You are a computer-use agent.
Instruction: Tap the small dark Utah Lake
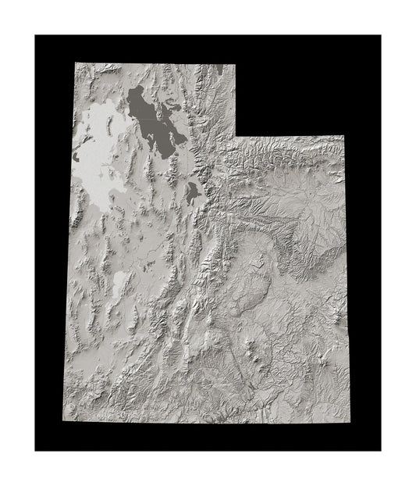pyautogui.click(x=192, y=190)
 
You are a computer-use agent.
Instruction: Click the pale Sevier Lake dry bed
pyautogui.click(x=120, y=285)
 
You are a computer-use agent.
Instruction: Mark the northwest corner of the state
pyautogui.click(x=75, y=64)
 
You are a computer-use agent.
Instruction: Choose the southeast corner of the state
pyautogui.click(x=346, y=423)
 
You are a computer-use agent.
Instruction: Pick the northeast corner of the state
pyautogui.click(x=345, y=137)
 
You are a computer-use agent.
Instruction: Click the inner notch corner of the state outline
pyautogui.click(x=235, y=137)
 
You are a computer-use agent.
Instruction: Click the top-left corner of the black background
pyautogui.click(x=36, y=36)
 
